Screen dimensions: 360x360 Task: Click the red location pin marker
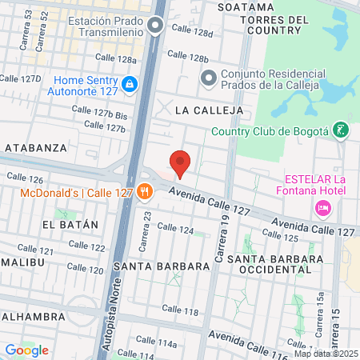[x=180, y=162]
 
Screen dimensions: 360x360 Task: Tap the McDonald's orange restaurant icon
[x=145, y=190]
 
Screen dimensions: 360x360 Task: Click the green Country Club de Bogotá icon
[x=342, y=130]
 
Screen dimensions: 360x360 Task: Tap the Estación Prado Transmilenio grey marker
[x=156, y=26]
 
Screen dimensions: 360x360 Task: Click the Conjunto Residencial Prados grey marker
[x=208, y=78]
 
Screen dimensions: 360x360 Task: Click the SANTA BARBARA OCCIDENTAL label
[x=275, y=266]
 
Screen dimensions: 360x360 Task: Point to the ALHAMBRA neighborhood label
[x=33, y=317]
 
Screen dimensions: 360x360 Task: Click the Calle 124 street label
[x=176, y=229]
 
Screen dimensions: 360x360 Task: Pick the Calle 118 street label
[x=181, y=309]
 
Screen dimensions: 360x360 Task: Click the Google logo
[x=26, y=350]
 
